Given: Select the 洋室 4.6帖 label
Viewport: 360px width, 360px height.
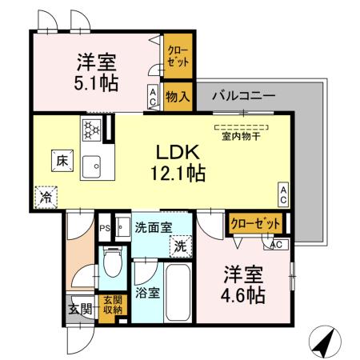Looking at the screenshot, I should pos(242,283).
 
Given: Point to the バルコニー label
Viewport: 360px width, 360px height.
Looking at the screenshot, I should pos(243,95).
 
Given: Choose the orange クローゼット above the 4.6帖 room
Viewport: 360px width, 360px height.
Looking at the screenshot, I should pos(256,224).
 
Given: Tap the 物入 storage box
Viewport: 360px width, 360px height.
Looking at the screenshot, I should pos(177,98).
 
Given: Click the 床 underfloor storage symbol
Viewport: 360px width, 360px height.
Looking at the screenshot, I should pos(62,159).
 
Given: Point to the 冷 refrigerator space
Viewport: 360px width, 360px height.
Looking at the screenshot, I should pos(46,194).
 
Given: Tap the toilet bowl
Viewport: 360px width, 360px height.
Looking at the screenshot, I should pos(111,262).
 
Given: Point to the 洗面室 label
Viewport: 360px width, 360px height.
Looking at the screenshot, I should pos(152,227).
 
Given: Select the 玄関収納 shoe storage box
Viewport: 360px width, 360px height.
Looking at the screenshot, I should pos(113,305).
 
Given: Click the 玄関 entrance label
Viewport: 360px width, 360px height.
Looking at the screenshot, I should pos(79,310).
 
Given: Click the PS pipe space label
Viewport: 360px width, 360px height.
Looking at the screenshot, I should pos(103,228).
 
